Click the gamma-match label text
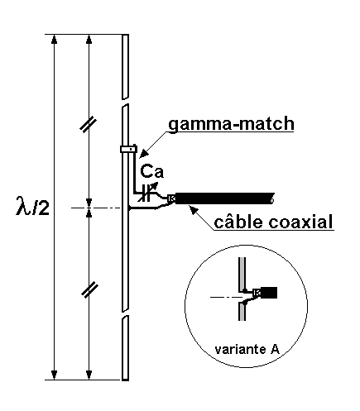pos(231,124)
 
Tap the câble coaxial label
pos(273,222)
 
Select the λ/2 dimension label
pos(32,206)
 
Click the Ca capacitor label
pos(151,171)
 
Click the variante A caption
pos(247,349)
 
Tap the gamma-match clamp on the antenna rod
pos(128,149)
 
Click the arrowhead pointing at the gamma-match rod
pos(143,155)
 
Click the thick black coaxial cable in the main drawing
pos(224,198)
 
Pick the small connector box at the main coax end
pos(171,198)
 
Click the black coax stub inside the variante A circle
pos(268,293)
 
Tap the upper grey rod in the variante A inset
pos(242,275)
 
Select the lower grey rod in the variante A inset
pos(242,311)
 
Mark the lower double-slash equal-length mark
pos(89,290)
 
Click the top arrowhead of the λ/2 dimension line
pos(55,39)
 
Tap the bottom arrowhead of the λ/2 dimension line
pos(55,375)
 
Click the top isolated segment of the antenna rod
pos(125,67)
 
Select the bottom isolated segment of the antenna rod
pos(125,348)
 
